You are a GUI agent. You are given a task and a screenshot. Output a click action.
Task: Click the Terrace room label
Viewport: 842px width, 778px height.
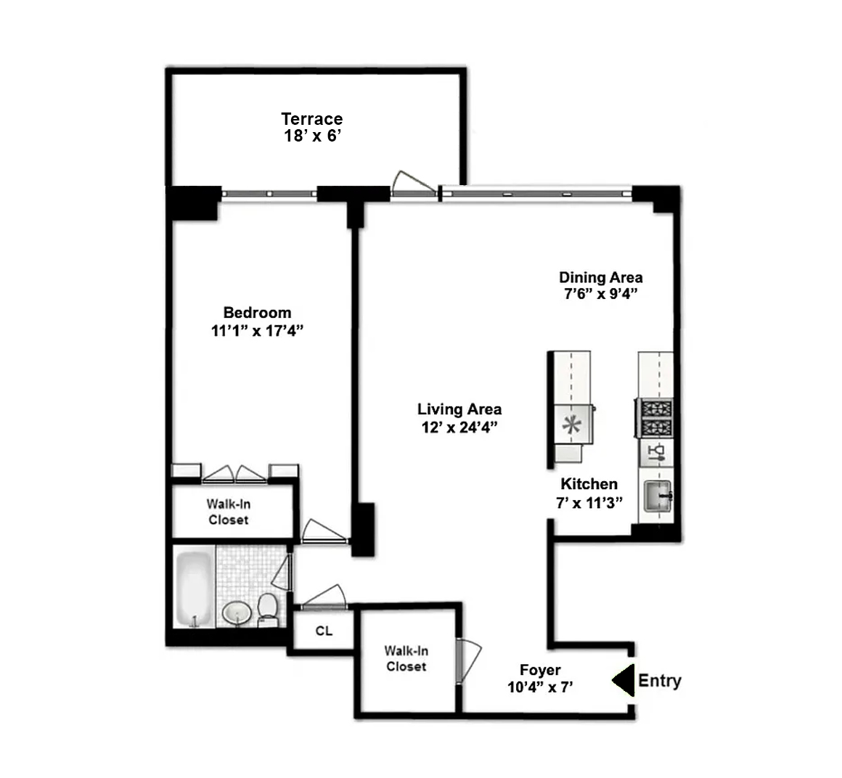tap(312, 118)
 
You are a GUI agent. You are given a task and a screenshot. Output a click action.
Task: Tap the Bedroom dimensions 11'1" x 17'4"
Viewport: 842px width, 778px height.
tap(257, 331)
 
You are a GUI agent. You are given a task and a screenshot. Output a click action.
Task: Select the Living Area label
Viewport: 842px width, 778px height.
tap(459, 409)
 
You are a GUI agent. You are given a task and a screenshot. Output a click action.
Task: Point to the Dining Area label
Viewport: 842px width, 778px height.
tap(600, 277)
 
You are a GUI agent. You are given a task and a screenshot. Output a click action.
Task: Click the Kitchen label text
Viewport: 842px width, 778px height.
tap(589, 484)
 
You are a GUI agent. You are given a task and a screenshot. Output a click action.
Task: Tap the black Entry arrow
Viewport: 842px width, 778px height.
tap(623, 681)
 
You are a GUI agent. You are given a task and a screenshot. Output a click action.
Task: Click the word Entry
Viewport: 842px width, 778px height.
tap(659, 681)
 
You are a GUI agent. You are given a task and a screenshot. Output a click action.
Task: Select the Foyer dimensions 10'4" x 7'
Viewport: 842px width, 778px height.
tap(541, 687)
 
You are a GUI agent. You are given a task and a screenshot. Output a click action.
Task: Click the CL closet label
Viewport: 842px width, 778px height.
tap(324, 631)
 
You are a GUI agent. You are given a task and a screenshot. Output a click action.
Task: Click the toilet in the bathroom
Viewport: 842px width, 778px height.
tap(267, 608)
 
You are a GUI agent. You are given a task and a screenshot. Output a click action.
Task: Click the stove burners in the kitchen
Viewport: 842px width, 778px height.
tap(655, 418)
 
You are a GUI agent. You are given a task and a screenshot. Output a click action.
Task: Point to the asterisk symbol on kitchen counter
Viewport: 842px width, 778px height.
tap(573, 425)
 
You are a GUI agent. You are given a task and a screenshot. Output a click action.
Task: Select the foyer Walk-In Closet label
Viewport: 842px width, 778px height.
tap(406, 659)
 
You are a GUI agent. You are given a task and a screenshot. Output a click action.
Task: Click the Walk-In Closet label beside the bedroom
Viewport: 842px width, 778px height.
tap(229, 512)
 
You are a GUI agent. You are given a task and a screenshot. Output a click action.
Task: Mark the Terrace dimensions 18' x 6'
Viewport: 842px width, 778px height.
tap(312, 136)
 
